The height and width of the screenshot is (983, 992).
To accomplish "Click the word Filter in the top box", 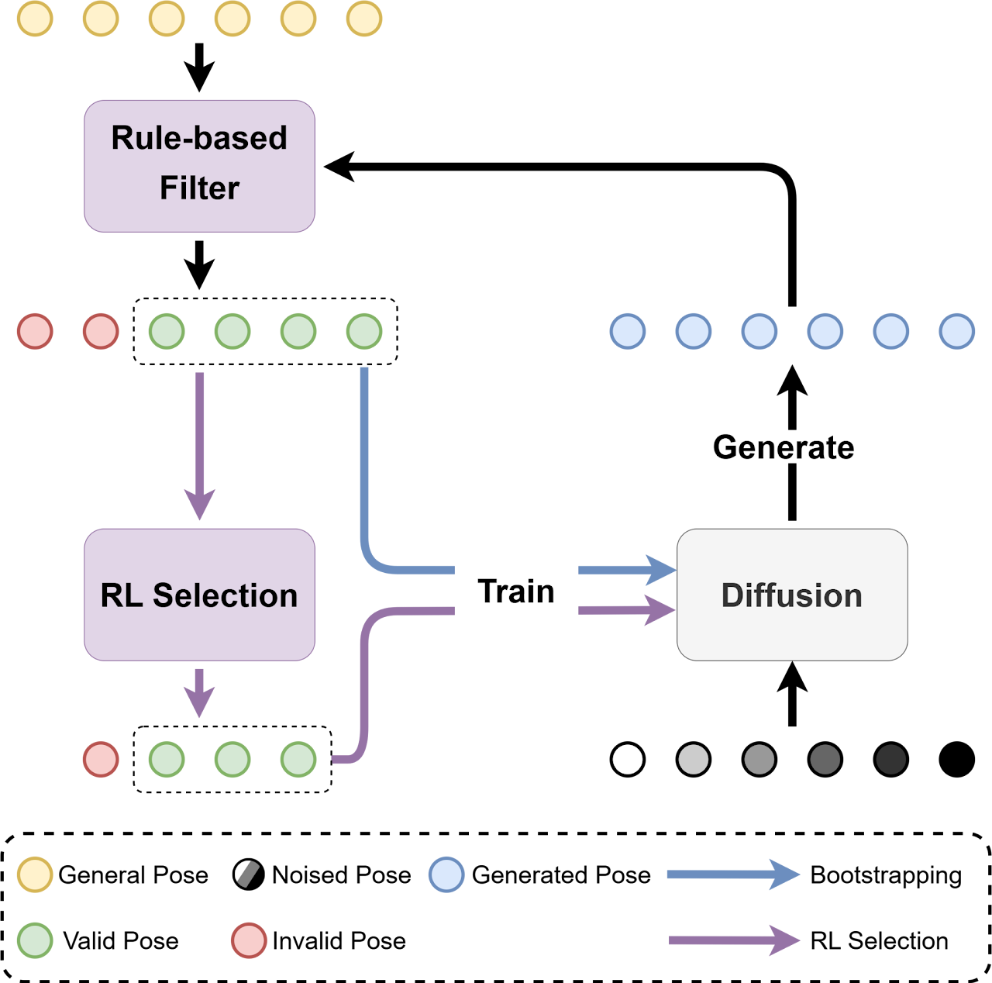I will pos(199,188).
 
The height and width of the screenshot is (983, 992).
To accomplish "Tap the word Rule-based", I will pos(199,138).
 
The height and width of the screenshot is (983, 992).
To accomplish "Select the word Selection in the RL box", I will pos(225,595).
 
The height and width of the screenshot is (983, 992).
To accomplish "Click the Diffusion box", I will pos(792,595).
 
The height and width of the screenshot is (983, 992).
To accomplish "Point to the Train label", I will pos(516,591).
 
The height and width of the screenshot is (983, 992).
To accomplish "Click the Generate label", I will pos(784,447).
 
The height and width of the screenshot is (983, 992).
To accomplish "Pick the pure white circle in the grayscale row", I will pos(628,759).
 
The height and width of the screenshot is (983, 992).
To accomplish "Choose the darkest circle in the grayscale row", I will pos(890,759).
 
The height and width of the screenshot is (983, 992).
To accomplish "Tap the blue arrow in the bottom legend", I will pos(732,874).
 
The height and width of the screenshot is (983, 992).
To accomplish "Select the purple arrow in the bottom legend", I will pos(733,940).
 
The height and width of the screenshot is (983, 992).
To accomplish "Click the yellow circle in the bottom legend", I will pos(35,874).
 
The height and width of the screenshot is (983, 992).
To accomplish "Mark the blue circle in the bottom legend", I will pos(446,874).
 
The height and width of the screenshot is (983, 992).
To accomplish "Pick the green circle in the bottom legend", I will pos(35,940).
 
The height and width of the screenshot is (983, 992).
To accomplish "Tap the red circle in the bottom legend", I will pos(249,940).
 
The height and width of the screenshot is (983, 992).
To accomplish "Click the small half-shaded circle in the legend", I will pos(246,874).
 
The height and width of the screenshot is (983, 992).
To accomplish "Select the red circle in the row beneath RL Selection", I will pos(101,759).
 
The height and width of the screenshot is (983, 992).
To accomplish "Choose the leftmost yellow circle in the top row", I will pos(35,19).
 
